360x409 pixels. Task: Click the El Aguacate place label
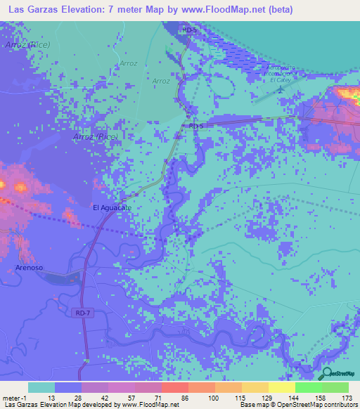[112, 208]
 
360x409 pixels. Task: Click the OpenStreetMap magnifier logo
[328, 374]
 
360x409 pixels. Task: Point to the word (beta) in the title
[278, 8]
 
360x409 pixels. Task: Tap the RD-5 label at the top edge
[188, 31]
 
